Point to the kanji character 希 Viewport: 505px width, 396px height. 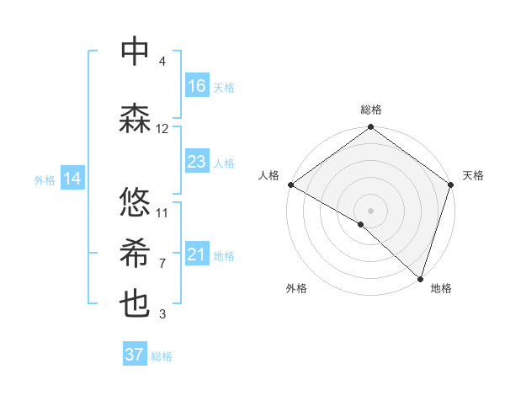135,253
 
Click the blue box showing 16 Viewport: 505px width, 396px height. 197,86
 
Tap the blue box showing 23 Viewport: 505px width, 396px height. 197,162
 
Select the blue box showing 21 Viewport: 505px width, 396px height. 197,254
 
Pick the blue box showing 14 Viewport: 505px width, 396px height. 72,179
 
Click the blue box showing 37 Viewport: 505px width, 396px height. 135,355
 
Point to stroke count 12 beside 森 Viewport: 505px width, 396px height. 162,129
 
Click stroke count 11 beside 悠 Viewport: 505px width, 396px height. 162,212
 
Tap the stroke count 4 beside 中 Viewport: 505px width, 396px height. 162,62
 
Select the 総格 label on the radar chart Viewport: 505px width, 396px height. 370,110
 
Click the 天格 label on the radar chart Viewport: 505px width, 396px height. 473,175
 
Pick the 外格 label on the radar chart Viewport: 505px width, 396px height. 296,288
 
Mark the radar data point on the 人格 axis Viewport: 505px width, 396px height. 290,185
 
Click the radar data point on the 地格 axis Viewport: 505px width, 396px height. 420,279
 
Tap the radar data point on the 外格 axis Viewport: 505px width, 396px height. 360,224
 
